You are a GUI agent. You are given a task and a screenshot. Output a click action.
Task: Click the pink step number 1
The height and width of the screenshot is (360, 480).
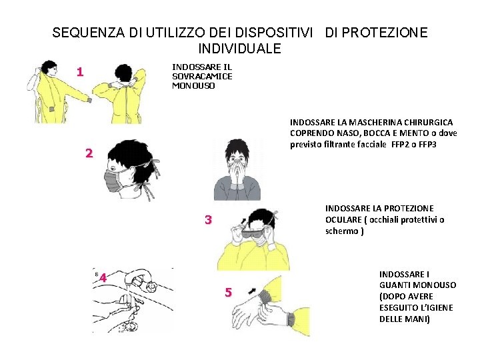(80, 72)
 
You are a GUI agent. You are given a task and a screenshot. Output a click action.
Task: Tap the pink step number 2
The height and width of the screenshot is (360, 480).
(89, 153)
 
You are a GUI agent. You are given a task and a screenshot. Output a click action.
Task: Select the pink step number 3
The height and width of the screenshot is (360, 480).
(209, 219)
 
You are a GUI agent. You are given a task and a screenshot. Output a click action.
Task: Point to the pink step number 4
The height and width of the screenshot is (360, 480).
(103, 278)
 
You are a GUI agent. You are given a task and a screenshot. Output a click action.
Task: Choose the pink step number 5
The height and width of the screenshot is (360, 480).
(229, 293)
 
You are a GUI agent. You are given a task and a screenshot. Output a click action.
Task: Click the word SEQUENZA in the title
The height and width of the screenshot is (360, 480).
(89, 33)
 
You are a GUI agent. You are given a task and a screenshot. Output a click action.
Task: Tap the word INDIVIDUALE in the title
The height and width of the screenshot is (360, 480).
(240, 49)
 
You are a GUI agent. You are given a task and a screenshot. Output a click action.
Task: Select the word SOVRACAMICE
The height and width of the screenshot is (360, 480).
(202, 76)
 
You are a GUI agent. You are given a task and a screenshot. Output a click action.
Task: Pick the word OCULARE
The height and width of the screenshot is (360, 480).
(343, 220)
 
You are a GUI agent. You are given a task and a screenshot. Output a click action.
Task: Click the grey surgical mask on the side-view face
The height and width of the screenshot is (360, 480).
(112, 181)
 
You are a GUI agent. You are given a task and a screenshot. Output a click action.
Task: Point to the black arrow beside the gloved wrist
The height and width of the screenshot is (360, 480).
(252, 291)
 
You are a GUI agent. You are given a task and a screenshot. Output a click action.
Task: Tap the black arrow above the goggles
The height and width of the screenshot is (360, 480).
(244, 220)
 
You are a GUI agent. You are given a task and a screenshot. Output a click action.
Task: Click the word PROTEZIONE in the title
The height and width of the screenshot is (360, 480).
(385, 33)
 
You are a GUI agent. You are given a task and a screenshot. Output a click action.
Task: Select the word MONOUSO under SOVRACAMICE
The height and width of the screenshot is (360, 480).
(193, 86)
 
